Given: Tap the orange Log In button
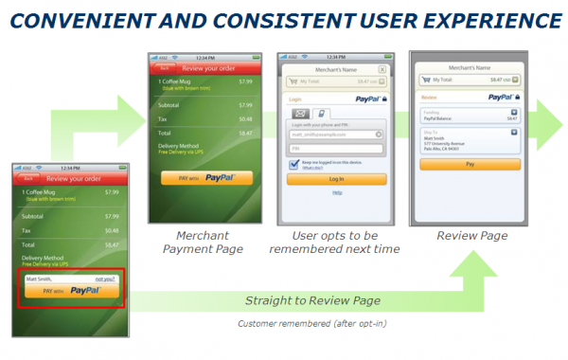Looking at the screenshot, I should (x=336, y=178).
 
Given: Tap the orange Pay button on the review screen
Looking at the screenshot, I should (x=470, y=163).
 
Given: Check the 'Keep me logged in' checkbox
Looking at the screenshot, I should (x=294, y=163).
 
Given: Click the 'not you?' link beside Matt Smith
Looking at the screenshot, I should (x=105, y=279).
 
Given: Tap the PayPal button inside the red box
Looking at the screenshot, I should (x=72, y=291).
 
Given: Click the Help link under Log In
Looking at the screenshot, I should (x=336, y=192).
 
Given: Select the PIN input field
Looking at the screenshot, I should (x=336, y=148).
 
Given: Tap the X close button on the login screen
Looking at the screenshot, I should (x=382, y=69).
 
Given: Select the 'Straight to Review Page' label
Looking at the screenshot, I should (x=312, y=300).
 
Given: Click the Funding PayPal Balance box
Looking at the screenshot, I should (x=470, y=115).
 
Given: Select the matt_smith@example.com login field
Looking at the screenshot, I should (x=336, y=135).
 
